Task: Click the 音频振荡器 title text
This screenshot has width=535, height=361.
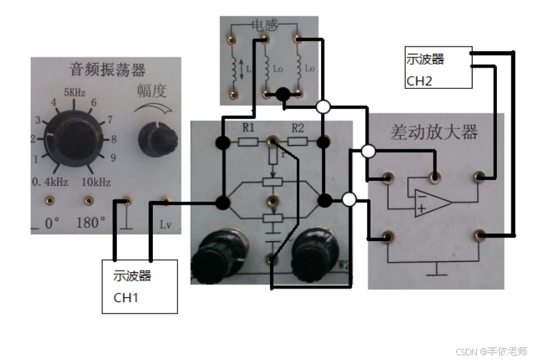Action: (107, 70)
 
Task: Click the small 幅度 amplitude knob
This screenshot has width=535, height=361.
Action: (153, 133)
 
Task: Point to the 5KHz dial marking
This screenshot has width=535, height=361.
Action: (75, 93)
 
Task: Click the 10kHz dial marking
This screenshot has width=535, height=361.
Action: (96, 181)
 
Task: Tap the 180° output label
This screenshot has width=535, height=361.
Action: (91, 222)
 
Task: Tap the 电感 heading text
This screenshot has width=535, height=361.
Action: (263, 24)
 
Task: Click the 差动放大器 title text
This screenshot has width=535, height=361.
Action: (434, 133)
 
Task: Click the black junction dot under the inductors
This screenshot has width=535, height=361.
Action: (283, 94)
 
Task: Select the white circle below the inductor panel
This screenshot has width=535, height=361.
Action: (323, 107)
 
